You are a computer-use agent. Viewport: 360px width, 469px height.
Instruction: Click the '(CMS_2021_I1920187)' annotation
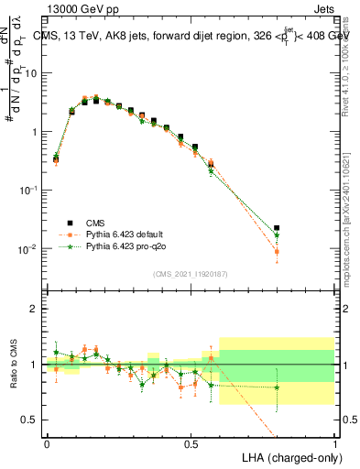[191, 273]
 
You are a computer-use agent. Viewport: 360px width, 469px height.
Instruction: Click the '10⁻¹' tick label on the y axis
[31, 190]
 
